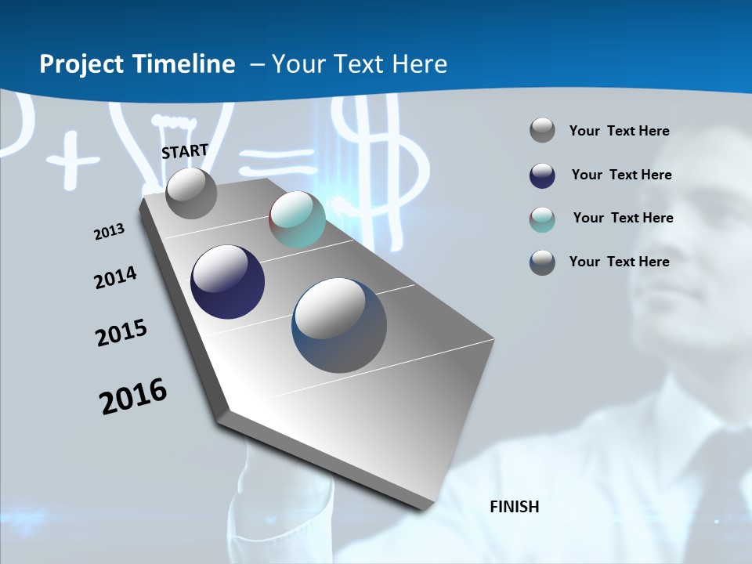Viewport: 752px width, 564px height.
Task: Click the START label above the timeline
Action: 185,151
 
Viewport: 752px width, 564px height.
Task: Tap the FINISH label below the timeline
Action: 515,507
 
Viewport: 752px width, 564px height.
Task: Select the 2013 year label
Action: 109,232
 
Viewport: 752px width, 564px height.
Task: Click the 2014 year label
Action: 115,278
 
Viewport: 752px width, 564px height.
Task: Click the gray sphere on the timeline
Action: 191,193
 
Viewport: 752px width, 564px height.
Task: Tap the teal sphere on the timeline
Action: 297,219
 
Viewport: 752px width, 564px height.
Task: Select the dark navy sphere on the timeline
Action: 227,282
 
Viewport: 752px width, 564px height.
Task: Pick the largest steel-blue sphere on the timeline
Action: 339,325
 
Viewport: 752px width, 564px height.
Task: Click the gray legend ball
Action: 542,131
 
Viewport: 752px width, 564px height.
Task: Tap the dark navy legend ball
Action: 542,175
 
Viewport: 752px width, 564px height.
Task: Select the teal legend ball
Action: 542,219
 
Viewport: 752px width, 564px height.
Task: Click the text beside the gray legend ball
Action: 619,132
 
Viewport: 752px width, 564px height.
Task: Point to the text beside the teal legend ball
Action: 623,218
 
